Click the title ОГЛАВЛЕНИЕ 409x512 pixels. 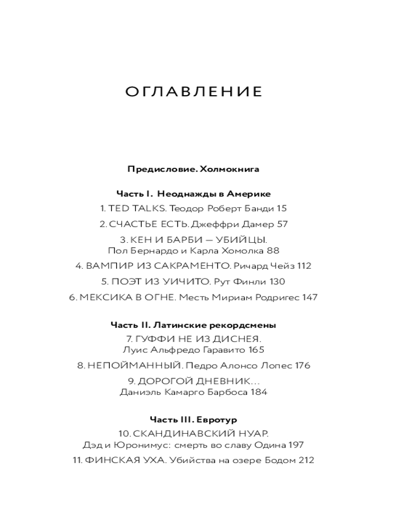[x=194, y=92]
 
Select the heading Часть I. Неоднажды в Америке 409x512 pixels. [x=193, y=194]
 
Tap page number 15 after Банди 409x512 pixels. [x=281, y=208]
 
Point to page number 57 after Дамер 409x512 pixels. [x=282, y=224]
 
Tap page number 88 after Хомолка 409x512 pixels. [x=274, y=250]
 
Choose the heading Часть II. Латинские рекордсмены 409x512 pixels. [x=193, y=325]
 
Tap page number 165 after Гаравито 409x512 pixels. [x=257, y=350]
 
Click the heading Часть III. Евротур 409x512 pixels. [x=193, y=420]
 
